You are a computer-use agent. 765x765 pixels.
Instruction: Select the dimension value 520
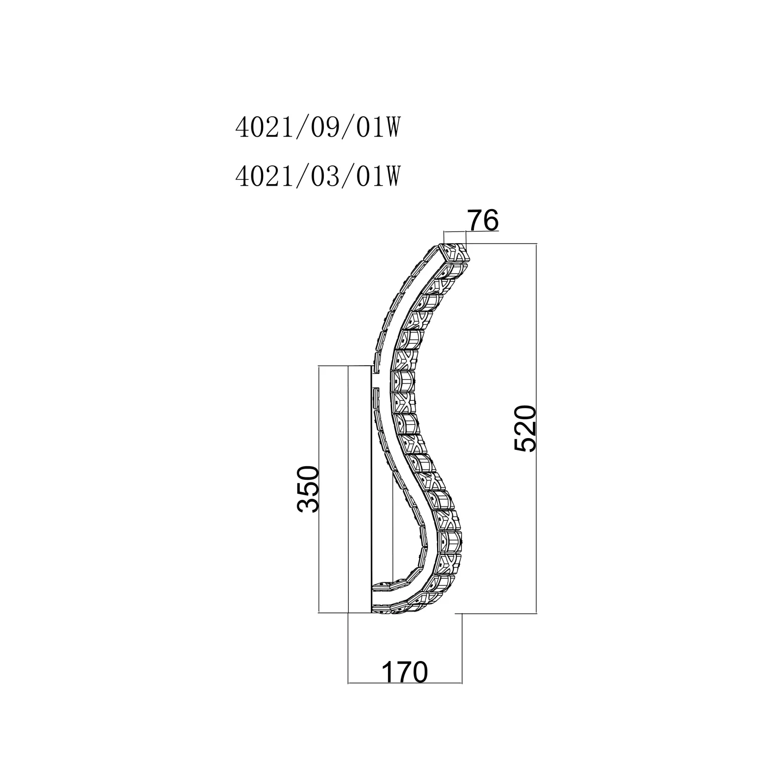click(x=525, y=428)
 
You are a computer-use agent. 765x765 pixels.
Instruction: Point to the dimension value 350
click(x=308, y=489)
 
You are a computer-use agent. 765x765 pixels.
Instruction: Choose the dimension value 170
click(x=404, y=672)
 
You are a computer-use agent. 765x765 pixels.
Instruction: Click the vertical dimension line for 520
click(x=537, y=428)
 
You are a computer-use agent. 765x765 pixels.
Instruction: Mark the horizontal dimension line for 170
click(x=404, y=682)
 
